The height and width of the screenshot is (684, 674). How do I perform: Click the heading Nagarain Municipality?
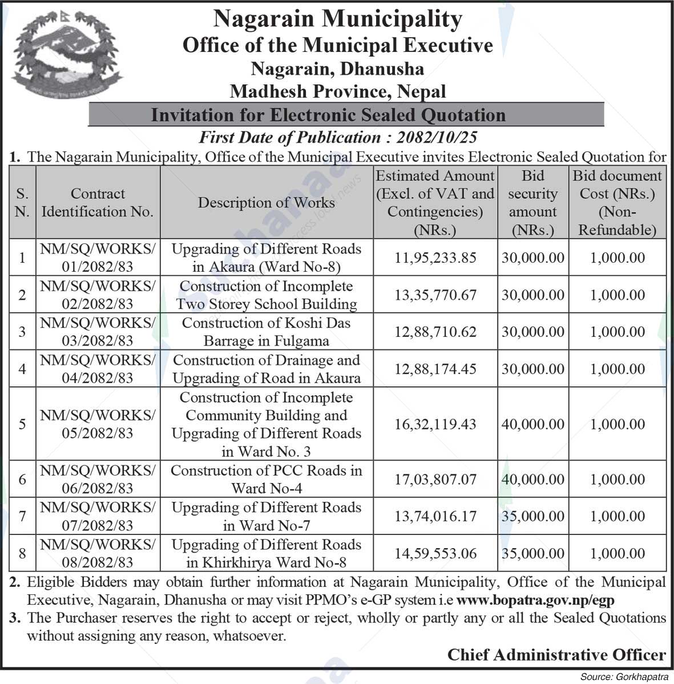(337, 19)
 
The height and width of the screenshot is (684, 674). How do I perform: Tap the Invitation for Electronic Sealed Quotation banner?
(328, 115)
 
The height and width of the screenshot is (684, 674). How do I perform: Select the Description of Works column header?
(266, 203)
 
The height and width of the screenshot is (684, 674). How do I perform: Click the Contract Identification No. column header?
(98, 203)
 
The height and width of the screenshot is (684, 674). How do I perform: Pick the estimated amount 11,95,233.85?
(435, 257)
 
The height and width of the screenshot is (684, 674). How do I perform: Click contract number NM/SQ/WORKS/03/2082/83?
(98, 332)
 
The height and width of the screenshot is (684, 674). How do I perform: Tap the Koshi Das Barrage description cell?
(266, 332)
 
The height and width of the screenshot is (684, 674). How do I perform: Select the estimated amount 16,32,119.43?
(435, 424)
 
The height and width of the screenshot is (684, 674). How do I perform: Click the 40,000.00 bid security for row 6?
(532, 479)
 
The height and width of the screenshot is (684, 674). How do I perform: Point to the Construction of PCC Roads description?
(266, 479)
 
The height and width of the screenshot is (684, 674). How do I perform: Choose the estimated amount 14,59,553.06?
(435, 553)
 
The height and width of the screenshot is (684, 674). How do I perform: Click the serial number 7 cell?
(22, 516)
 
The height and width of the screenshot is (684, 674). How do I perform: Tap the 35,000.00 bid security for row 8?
(532, 553)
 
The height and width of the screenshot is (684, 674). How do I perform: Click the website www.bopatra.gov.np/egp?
(535, 600)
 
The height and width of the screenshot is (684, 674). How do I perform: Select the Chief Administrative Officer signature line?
(556, 654)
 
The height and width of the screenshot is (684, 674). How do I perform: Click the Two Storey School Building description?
(266, 295)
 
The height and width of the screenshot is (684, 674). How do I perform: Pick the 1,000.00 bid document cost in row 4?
(618, 369)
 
